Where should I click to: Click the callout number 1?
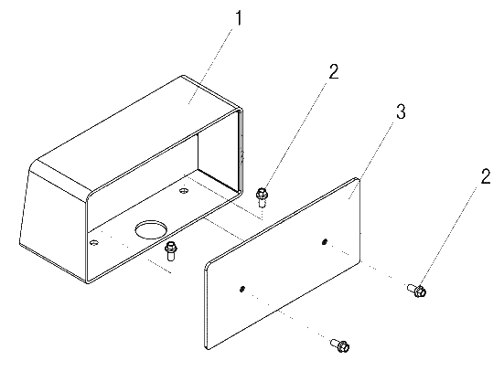[238, 18]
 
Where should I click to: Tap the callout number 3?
[401, 111]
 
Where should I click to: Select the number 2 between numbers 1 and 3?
[334, 71]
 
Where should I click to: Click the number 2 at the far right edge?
[486, 176]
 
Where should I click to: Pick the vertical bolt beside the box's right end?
[262, 197]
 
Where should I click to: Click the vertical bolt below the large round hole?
[171, 250]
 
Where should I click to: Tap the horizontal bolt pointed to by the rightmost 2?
[417, 290]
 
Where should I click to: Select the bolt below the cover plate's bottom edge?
[340, 345]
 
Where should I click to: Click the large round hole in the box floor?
[151, 229]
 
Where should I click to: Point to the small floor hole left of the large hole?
[94, 242]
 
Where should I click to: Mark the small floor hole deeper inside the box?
[184, 191]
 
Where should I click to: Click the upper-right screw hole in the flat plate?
[325, 241]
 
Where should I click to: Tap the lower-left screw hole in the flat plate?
[242, 289]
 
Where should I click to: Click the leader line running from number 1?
[209, 66]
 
